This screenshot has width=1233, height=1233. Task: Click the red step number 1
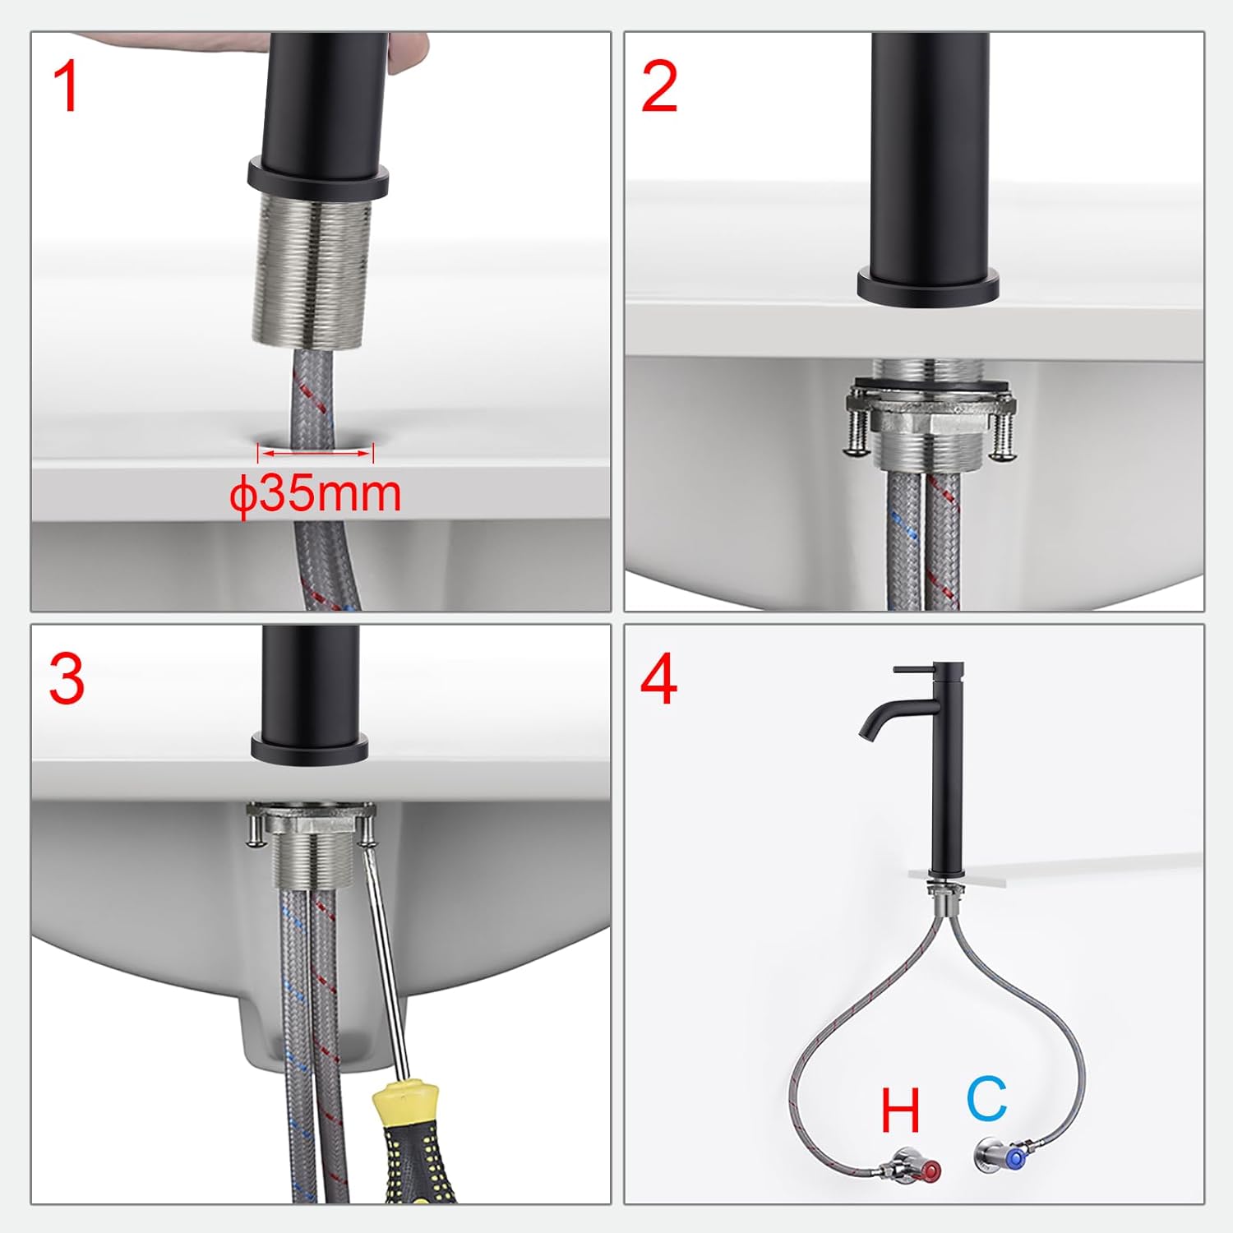66,87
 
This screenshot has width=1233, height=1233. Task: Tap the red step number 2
658,87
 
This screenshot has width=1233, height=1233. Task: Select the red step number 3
66,679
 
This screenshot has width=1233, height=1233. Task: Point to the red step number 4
658,679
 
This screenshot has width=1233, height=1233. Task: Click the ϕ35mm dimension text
316,494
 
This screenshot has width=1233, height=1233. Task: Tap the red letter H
900,1111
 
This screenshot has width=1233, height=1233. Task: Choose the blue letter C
986,1098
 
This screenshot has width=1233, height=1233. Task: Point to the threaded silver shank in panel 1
311,271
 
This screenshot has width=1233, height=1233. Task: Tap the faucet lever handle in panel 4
914,672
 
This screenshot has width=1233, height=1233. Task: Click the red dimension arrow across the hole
316,451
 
